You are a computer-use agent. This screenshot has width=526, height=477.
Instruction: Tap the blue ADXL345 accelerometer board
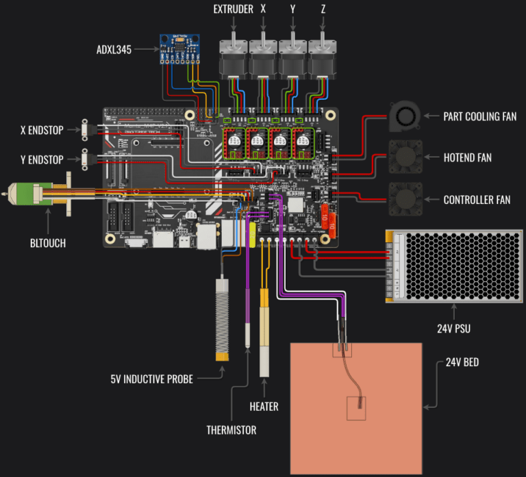point(179,49)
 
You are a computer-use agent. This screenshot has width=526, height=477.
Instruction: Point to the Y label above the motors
point(292,10)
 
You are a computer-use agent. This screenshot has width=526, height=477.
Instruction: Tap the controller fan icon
point(403,200)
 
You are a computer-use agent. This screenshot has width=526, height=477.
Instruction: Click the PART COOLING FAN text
point(479,117)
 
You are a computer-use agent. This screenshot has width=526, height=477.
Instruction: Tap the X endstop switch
point(85,130)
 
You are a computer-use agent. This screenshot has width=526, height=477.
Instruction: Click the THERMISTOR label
point(231,430)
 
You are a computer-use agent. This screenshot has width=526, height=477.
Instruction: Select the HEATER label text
point(264,407)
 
